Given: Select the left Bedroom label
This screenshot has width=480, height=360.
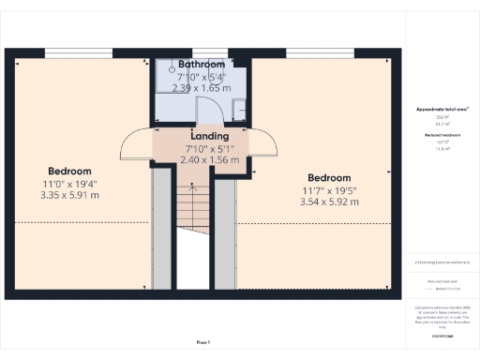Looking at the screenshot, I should point(70,172).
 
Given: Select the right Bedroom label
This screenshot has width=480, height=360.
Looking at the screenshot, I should point(329,178).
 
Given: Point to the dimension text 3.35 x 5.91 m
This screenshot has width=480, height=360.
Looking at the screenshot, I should point(70,195).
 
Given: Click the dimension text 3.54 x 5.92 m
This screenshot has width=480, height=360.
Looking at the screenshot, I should point(329,202).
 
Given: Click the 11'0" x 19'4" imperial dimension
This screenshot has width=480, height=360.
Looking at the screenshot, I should point(70,184).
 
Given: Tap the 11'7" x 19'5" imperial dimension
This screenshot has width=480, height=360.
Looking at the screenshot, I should point(329,190).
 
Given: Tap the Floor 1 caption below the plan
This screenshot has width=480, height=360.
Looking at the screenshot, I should point(203,342).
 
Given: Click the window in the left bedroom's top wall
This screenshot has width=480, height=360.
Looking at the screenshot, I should point(80,52).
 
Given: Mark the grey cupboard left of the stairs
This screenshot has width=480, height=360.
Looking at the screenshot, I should point(162,230).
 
